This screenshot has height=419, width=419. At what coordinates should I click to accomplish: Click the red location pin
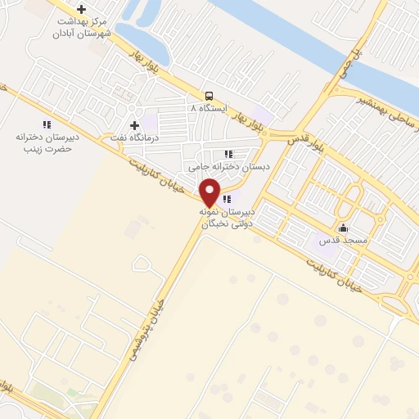click(x=210, y=191)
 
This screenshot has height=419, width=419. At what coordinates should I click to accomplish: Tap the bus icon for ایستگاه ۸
click(x=210, y=95)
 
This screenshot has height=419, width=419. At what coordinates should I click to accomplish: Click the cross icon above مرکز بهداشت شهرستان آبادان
click(x=81, y=9)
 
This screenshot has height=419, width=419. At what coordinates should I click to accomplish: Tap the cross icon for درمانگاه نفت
click(x=134, y=124)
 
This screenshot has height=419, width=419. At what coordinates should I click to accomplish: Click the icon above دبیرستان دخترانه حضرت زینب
click(x=47, y=124)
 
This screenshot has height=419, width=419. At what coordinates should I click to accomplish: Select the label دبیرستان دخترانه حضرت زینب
click(x=46, y=144)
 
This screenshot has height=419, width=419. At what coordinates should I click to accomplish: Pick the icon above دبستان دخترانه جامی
click(x=227, y=153)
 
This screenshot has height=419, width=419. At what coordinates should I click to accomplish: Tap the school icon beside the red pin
click(x=227, y=198)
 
